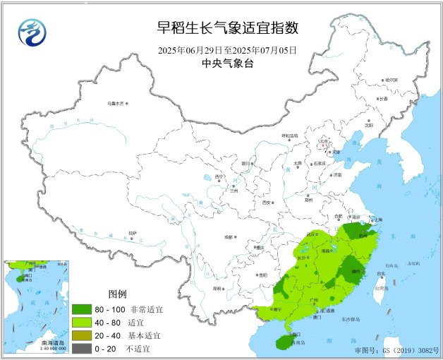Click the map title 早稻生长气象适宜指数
coord(227,28)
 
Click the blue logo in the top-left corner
coord(30,32)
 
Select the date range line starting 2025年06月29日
coord(227,50)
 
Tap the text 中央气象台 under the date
coord(227,64)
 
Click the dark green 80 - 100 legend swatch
coord(82,308)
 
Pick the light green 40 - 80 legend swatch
coord(82,321)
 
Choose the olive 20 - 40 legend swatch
coord(82,335)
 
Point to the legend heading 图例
coord(117,294)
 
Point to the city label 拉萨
coord(133,232)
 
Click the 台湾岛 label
coord(381,288)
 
